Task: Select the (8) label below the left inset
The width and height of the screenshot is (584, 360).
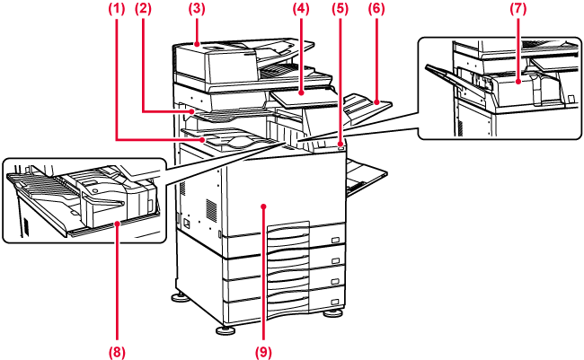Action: tap(117, 351)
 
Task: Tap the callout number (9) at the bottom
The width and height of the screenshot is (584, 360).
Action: tap(263, 351)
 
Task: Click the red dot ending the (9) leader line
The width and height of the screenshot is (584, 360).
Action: tap(263, 206)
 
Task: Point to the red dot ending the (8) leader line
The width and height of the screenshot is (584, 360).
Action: tap(118, 225)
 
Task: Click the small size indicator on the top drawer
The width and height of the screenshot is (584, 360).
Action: tap(334, 240)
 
